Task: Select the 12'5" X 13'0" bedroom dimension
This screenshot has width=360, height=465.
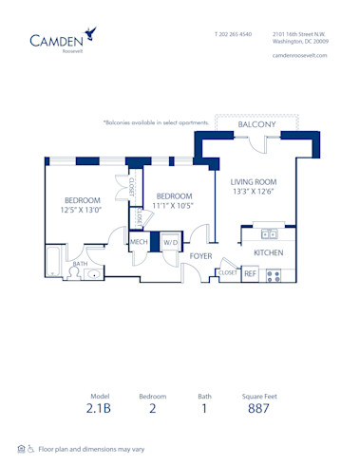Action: coord(83,211)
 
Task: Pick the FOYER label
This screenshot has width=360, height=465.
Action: coord(200,256)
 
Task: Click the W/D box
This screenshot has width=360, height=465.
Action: coord(170,243)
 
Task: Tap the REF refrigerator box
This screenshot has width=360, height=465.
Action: coord(251,273)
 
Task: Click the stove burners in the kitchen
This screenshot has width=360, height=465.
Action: coord(274,275)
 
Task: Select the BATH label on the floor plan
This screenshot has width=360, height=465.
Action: coord(66,265)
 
